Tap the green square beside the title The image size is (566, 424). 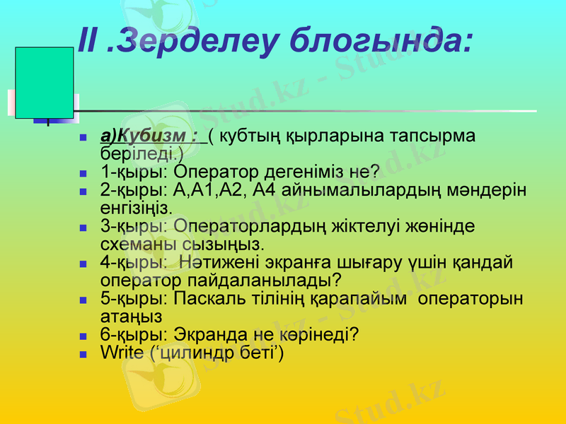45,83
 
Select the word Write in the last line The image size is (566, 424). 122,351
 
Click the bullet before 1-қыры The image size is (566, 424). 83,172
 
